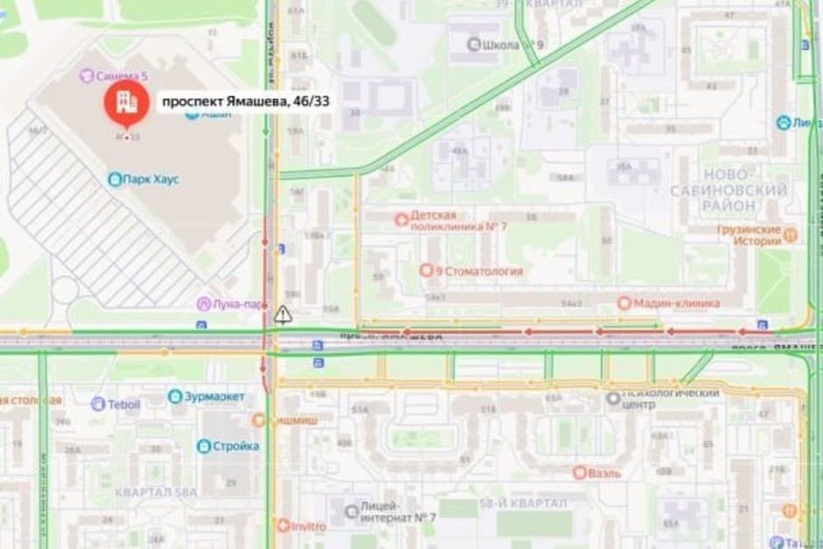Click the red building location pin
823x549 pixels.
click(126, 102)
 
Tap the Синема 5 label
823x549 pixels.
click(117, 76)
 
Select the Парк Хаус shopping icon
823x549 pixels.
click(114, 179)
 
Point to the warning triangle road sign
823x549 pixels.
click(282, 313)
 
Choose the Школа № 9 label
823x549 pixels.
click(506, 44)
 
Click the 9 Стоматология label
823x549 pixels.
click(478, 271)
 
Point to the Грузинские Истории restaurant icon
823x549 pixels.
click(791, 235)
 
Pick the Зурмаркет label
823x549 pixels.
click(214, 397)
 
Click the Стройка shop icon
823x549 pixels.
click(204, 447)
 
